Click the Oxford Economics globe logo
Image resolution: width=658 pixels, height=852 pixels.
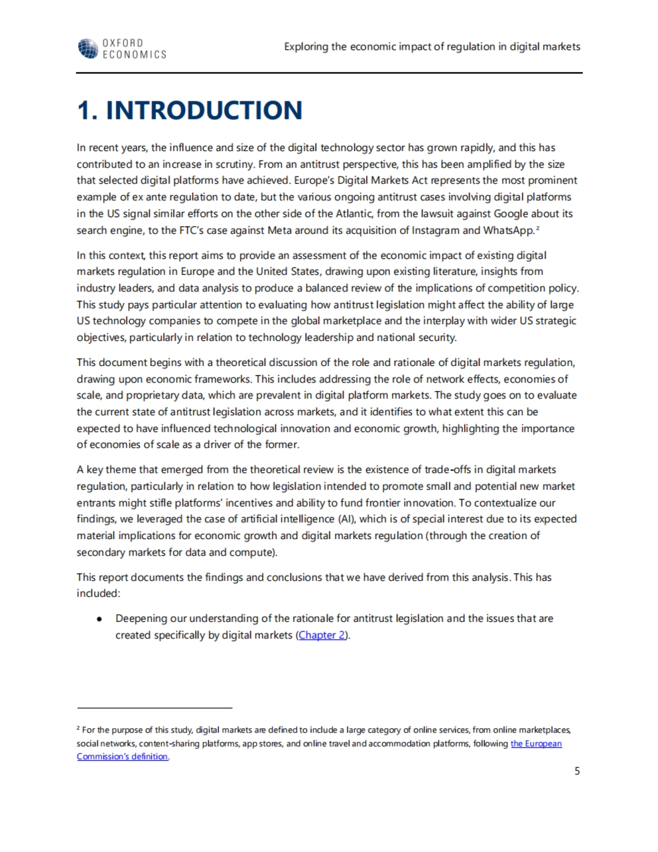pyautogui.click(x=88, y=48)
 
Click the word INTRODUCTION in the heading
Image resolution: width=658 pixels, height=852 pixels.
pyautogui.click(x=204, y=110)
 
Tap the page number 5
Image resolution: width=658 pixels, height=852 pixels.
pyautogui.click(x=577, y=771)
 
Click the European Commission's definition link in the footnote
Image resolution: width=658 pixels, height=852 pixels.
pyautogui.click(x=536, y=744)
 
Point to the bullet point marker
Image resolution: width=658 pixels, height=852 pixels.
pyautogui.click(x=99, y=619)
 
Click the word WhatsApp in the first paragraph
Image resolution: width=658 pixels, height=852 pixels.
pyautogui.click(x=508, y=230)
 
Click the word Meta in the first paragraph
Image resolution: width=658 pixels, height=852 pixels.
pyautogui.click(x=279, y=230)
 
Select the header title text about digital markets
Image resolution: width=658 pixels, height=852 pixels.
pyautogui.click(x=432, y=47)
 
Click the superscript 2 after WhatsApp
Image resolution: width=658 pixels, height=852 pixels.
pyautogui.click(x=538, y=227)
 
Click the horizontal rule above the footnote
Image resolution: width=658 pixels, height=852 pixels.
pyautogui.click(x=155, y=708)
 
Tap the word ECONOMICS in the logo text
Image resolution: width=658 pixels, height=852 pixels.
pyautogui.click(x=134, y=55)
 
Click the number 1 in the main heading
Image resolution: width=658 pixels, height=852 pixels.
pyautogui.click(x=84, y=110)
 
